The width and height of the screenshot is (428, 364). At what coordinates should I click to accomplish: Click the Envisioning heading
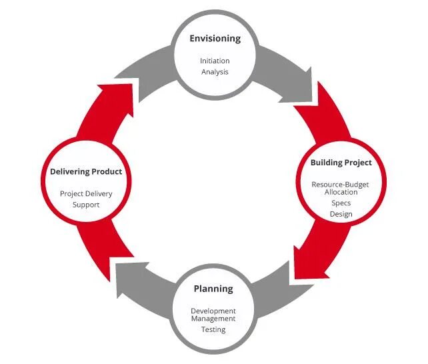pos(215,39)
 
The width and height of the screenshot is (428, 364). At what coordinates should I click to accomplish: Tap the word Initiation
pos(215,61)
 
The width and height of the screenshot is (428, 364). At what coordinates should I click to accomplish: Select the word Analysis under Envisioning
pos(215,71)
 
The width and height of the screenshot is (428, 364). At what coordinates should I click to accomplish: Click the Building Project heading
pos(341,163)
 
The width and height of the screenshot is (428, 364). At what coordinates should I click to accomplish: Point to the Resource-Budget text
pos(341,184)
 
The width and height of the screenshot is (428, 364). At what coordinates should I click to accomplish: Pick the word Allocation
pos(341,192)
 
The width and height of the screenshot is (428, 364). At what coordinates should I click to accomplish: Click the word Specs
pos(341,203)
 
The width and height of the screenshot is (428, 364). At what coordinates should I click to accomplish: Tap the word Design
pos(341,214)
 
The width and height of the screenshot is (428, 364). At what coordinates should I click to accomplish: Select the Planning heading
pos(213,289)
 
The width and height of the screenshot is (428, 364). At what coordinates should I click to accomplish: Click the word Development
pos(213,311)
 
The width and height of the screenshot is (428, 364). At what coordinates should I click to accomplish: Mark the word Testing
pos(213,329)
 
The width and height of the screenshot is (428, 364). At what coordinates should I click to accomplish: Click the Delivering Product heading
pos(86,171)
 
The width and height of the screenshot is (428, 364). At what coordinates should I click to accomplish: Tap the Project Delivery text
pos(86,193)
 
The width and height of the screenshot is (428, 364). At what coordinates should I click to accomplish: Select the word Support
pos(86,205)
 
